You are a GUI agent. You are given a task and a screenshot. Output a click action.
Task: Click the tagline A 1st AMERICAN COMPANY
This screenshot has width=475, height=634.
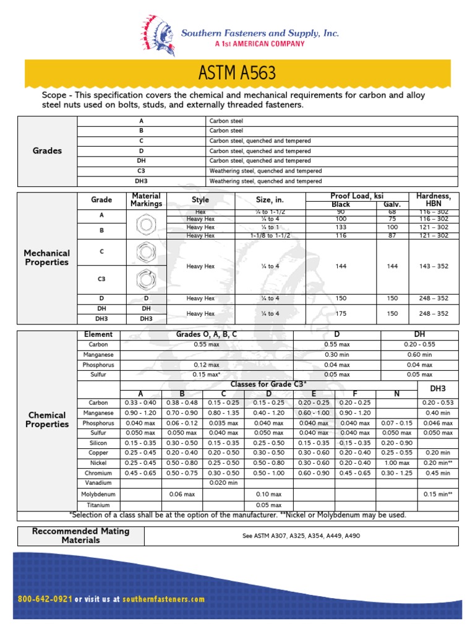259,44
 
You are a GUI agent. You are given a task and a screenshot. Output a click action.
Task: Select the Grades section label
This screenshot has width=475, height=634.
47,150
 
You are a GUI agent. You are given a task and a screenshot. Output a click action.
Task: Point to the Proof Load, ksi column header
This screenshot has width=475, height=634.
358,196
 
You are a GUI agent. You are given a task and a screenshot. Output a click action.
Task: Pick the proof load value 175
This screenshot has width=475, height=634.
341,313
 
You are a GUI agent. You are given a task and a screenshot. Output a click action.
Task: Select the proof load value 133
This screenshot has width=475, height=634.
341,227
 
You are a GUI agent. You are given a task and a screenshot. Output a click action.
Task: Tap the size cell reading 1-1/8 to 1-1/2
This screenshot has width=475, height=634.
270,235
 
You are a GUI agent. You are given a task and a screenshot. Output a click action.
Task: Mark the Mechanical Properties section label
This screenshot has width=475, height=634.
47,258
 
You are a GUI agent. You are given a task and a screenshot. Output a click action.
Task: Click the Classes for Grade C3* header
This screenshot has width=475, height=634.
268,384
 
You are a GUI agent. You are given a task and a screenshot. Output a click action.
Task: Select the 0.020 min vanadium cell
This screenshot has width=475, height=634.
224,483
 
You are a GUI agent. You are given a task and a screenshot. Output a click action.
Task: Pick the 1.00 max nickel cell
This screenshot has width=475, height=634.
396,463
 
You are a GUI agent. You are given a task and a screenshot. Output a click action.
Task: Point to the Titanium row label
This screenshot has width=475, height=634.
98,505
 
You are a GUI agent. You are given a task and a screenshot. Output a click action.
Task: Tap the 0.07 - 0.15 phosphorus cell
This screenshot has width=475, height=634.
396,423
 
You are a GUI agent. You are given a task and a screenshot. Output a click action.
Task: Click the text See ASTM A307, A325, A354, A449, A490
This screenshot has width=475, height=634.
301,536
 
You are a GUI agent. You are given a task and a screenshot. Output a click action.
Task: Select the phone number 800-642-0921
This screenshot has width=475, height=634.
46,599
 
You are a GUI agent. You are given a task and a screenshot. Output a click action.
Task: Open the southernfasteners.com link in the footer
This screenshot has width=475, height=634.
163,599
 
